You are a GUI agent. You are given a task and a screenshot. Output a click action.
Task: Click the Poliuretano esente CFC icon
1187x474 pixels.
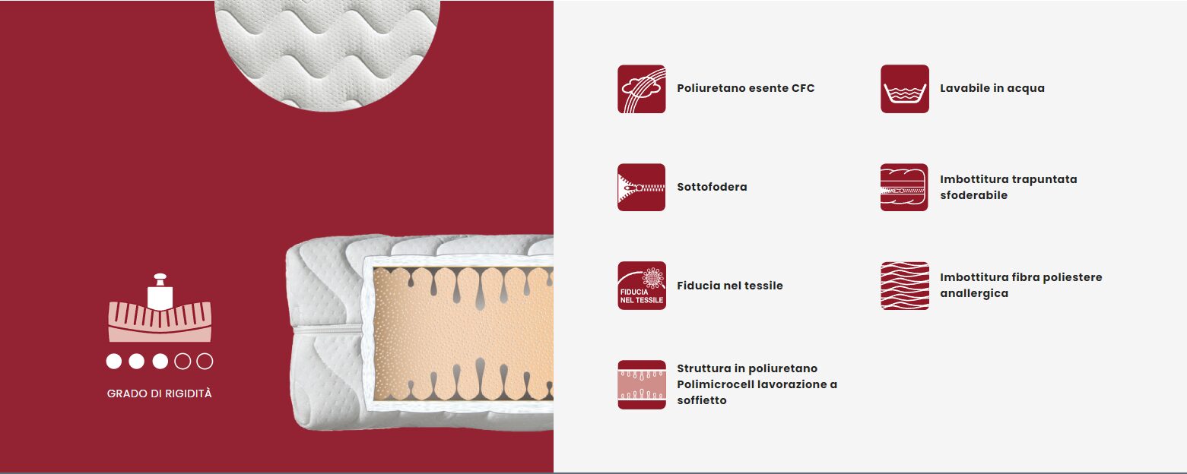[x=641, y=89]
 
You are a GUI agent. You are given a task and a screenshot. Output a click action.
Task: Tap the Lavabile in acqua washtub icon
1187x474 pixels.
[x=905, y=89]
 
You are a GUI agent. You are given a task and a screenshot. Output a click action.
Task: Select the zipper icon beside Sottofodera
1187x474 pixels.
[x=641, y=187]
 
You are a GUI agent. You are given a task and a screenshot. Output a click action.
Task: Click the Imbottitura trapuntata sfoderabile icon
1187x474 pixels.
[x=904, y=187]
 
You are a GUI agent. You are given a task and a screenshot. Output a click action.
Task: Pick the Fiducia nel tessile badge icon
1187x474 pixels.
[x=641, y=286]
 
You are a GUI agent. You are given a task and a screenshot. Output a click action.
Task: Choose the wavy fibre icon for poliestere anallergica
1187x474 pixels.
[x=905, y=286]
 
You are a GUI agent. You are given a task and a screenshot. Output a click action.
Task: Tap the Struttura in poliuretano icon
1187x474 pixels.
[x=641, y=384]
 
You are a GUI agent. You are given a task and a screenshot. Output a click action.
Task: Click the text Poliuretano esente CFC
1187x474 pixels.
[x=746, y=88]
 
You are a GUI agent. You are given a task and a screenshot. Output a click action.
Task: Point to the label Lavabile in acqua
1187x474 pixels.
[x=992, y=88]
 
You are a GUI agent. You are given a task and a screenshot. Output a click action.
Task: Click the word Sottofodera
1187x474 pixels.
[x=712, y=186]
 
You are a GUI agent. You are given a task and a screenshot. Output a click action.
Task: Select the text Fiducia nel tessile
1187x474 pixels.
[x=730, y=286]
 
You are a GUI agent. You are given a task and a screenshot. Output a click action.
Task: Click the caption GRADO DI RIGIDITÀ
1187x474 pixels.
[x=159, y=393]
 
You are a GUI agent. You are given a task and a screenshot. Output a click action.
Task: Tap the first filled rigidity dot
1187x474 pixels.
[x=114, y=361]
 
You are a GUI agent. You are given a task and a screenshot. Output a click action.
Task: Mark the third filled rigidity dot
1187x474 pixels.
[x=160, y=361]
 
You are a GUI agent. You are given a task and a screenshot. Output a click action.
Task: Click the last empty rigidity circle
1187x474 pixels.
[x=205, y=361]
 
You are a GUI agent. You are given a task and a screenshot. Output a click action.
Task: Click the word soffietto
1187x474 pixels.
[x=702, y=400]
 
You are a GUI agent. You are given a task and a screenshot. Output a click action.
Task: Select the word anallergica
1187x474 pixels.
[x=974, y=293]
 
